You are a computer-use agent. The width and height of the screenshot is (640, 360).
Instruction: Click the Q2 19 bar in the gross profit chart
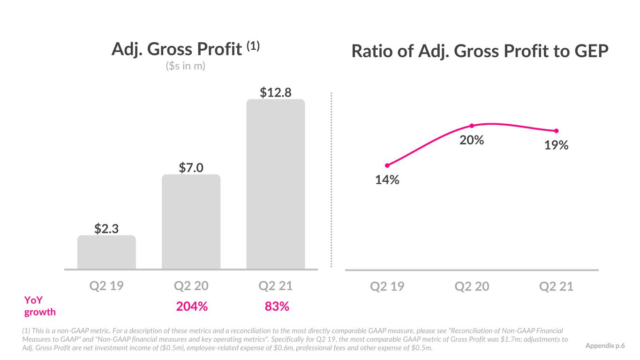[106, 252]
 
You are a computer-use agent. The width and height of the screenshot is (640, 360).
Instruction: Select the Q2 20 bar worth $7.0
[191, 222]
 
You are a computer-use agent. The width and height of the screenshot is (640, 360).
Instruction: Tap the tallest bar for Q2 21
[276, 184]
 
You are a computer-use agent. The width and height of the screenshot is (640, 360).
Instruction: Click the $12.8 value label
[275, 92]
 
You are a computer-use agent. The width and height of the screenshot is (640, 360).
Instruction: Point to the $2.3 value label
[106, 229]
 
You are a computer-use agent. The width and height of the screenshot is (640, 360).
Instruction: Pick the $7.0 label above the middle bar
[191, 167]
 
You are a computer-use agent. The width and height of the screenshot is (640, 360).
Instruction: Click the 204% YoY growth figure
[192, 306]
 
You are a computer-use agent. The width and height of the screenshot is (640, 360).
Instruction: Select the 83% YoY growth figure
[277, 306]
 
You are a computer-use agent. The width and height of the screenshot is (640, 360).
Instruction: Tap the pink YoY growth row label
[40, 306]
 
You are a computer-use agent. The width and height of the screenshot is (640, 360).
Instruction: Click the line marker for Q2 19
[387, 165]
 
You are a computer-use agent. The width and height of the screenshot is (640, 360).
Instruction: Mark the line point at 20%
[472, 126]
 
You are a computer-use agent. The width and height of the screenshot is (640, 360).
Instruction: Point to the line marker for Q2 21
[556, 131]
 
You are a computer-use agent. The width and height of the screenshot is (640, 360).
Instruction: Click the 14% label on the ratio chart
[387, 180]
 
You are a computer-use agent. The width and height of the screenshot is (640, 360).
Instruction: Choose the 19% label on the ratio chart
[556, 145]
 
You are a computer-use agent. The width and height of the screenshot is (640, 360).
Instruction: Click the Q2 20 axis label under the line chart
[472, 286]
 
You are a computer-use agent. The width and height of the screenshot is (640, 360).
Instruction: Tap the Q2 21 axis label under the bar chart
[276, 286]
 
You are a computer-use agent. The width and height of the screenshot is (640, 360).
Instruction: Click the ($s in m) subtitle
[185, 66]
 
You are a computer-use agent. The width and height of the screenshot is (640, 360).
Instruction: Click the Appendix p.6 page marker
[605, 345]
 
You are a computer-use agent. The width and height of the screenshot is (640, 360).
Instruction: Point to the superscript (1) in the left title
[253, 46]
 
